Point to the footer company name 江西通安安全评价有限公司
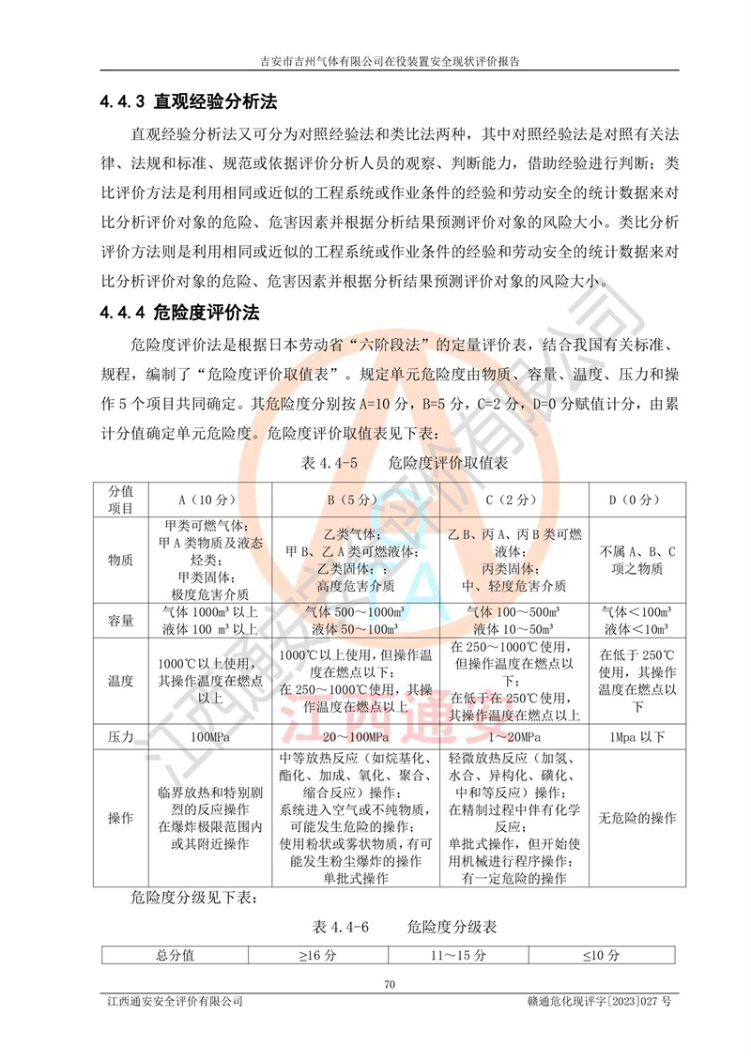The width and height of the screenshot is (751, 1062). (176, 1002)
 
